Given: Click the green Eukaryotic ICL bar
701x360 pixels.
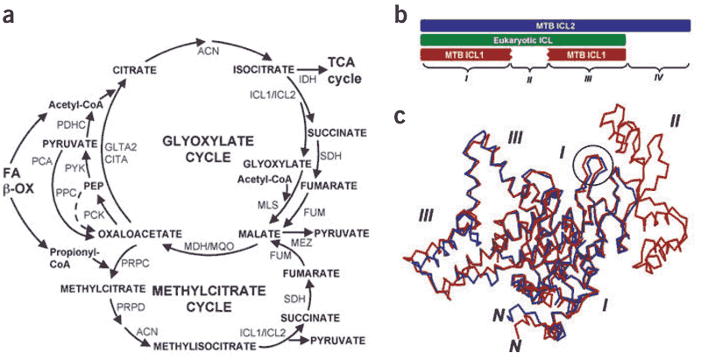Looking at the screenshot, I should pos(522,39).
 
